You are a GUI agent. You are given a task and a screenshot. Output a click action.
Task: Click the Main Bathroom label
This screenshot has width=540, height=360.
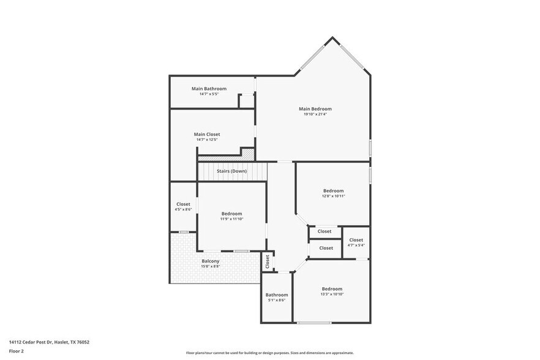click(x=209, y=89)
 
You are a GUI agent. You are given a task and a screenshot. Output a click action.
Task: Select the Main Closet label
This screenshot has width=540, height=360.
click(x=207, y=134)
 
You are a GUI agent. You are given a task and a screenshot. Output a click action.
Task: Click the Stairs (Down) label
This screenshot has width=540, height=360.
click(x=231, y=171)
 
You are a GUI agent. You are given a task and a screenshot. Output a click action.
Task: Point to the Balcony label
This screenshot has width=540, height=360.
click(x=211, y=261)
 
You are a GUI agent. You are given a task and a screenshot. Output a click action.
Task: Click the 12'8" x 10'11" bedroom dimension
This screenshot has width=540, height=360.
click(x=334, y=196)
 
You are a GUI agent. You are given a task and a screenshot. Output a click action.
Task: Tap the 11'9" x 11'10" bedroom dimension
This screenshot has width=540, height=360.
click(x=231, y=219)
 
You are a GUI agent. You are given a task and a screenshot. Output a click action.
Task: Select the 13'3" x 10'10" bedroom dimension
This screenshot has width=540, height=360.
click(x=332, y=294)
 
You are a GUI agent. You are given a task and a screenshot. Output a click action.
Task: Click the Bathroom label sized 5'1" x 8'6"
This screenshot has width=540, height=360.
click(x=277, y=294)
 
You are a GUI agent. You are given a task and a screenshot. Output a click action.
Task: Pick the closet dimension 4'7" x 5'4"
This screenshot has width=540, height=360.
click(x=356, y=246)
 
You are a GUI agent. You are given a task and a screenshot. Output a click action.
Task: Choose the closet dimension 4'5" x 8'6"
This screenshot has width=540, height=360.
click(x=183, y=209)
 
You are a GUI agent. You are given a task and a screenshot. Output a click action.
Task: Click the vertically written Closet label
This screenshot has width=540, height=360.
click(x=268, y=261)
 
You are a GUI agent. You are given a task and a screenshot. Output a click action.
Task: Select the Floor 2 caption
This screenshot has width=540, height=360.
click(x=17, y=351)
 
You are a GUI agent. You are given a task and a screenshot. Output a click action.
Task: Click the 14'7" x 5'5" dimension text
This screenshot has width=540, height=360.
click(x=209, y=94)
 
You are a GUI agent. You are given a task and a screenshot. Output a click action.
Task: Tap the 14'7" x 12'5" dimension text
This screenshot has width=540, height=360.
click(x=207, y=140)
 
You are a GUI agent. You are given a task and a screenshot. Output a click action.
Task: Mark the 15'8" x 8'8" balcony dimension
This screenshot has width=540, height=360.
click(x=211, y=267)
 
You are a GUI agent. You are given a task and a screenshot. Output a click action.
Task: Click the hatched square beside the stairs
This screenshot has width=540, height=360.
click(x=248, y=154)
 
